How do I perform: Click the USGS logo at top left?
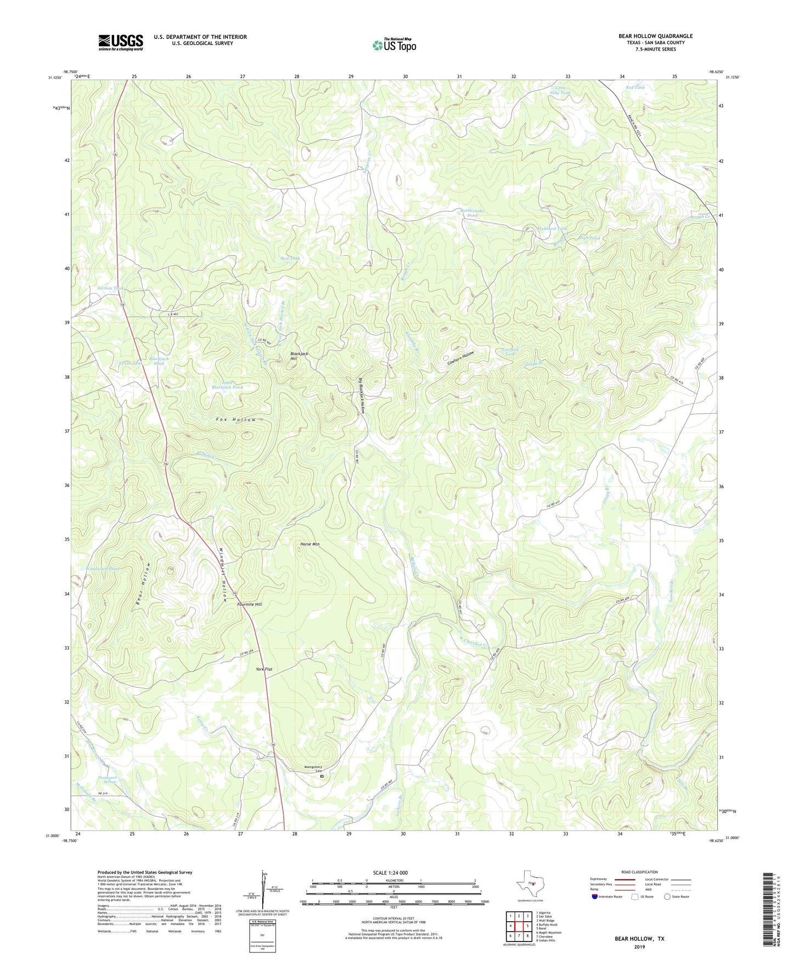[120, 42]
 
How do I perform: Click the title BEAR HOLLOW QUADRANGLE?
[655, 36]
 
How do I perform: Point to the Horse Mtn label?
[310, 544]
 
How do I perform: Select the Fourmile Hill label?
[249, 604]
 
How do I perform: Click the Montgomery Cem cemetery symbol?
[322, 776]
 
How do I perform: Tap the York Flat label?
[264, 669]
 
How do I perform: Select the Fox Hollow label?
[236, 420]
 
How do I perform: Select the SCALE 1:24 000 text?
[390, 873]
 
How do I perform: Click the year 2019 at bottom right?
[639, 947]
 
